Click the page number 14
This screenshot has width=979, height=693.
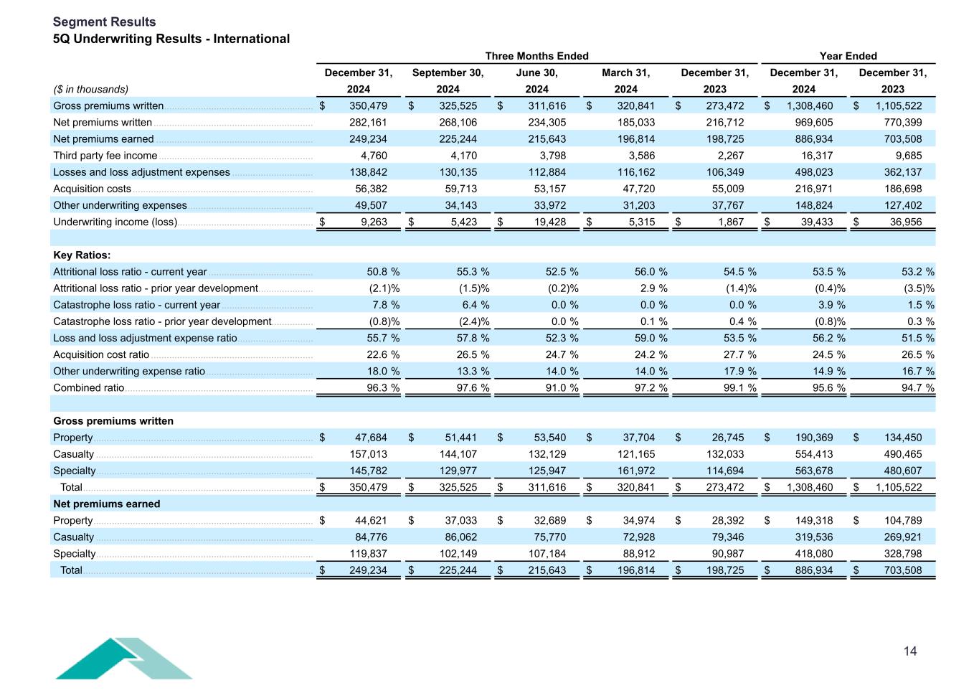point(909,651)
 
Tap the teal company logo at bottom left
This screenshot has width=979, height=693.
point(123,659)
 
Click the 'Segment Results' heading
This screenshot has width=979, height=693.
point(104,22)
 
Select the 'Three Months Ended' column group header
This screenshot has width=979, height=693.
point(536,56)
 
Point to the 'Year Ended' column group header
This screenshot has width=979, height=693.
point(848,56)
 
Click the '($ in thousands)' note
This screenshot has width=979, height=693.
point(90,90)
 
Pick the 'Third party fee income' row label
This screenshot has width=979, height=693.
point(105,156)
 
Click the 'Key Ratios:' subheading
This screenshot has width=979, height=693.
point(82,255)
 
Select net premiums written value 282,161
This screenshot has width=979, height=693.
point(368,123)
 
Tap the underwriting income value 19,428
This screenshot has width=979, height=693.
point(547,222)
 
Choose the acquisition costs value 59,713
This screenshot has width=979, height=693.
point(458,189)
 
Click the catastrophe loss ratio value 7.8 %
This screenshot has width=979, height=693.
point(379,305)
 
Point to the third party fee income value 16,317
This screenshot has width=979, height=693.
point(814,156)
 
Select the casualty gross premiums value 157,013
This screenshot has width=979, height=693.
point(368,454)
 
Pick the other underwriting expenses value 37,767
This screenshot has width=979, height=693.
point(725,206)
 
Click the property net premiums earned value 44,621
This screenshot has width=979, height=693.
point(371,521)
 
